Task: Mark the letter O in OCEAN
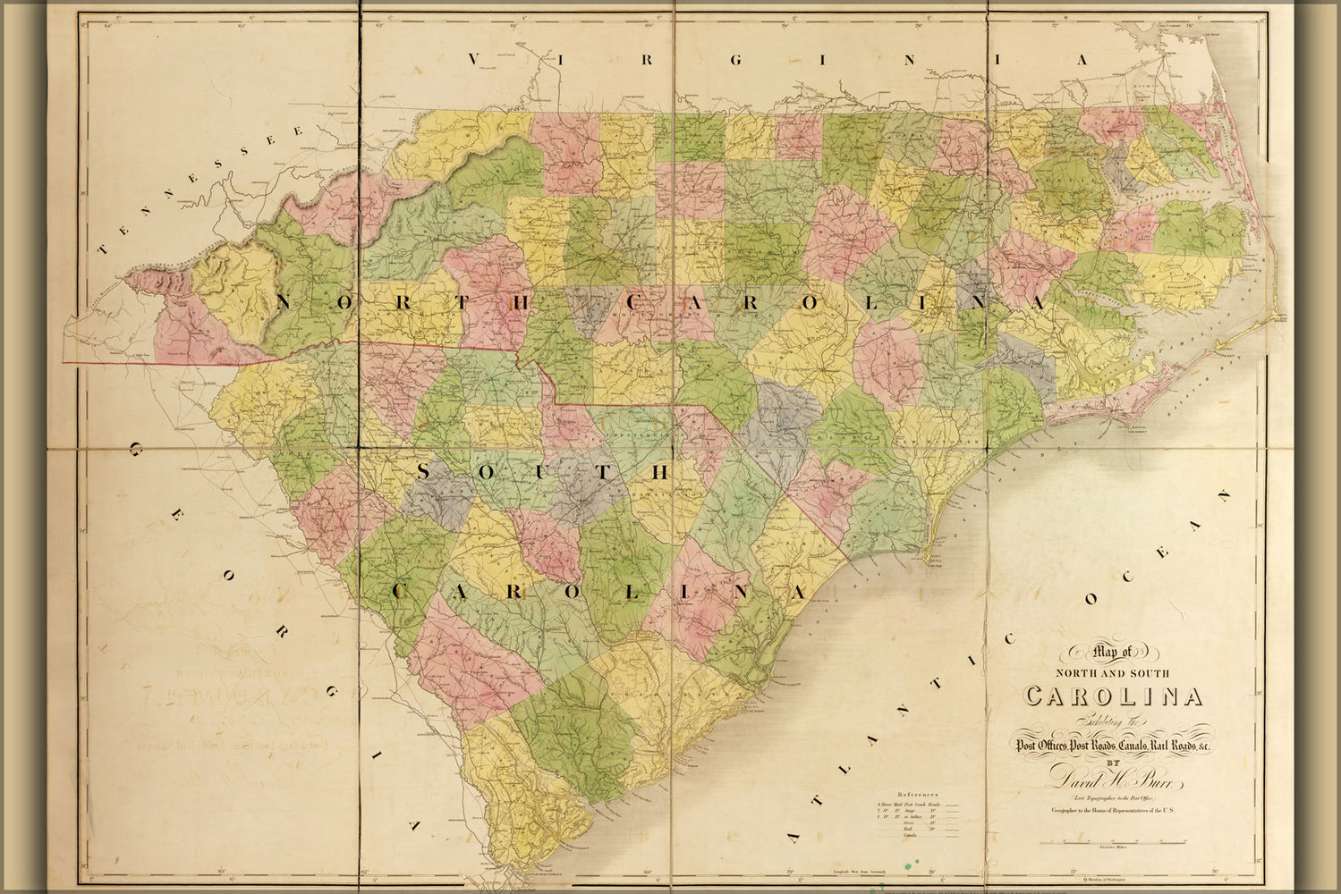click(x=1091, y=602)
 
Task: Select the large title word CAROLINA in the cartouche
click(x=1114, y=696)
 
